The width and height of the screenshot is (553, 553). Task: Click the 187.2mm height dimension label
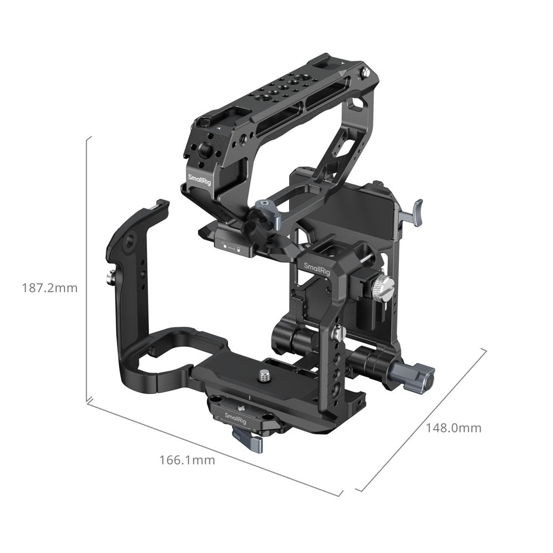[x=50, y=288]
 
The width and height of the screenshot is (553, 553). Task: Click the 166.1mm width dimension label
[x=187, y=460]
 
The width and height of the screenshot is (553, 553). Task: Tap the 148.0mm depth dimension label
[x=453, y=428]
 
